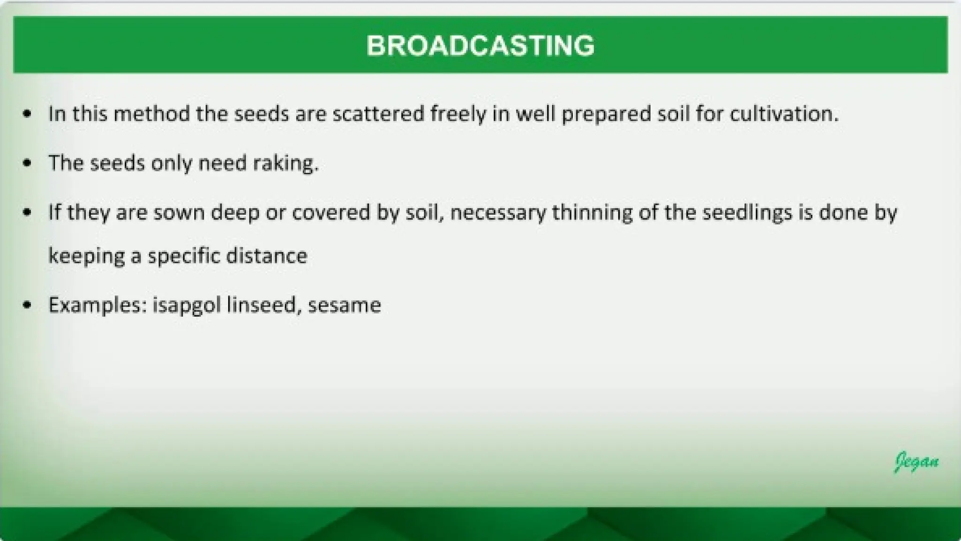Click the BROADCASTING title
pos(480,46)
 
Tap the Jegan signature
pos(916,462)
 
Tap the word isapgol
pos(186,305)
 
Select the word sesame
pos(344,305)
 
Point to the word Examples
pos(98,305)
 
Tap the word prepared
pos(606,114)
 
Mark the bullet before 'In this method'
pos(27,114)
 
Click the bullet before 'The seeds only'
pos(27,163)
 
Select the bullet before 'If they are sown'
pos(27,213)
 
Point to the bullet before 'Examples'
pos(27,305)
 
